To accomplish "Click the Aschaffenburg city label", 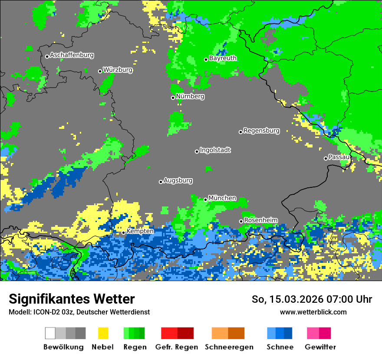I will (72, 56).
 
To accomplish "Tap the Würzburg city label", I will (118, 70).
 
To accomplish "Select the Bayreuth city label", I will (223, 58).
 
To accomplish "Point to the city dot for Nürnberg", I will (173, 98).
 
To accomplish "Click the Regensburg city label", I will (261, 131).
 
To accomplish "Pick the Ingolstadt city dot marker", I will (197, 151).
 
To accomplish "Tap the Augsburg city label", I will (178, 180).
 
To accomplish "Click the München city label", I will (222, 198).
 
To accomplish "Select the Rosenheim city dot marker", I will (241, 222).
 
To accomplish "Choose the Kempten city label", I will (140, 231).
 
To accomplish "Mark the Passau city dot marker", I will (326, 158).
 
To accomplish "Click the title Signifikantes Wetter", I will (72, 299).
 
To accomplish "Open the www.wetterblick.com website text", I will (313, 312).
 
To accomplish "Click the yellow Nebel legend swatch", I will (103, 333).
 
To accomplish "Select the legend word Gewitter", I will (320, 347).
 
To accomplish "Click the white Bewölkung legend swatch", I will (50, 333).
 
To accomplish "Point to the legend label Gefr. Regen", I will (177, 347).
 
